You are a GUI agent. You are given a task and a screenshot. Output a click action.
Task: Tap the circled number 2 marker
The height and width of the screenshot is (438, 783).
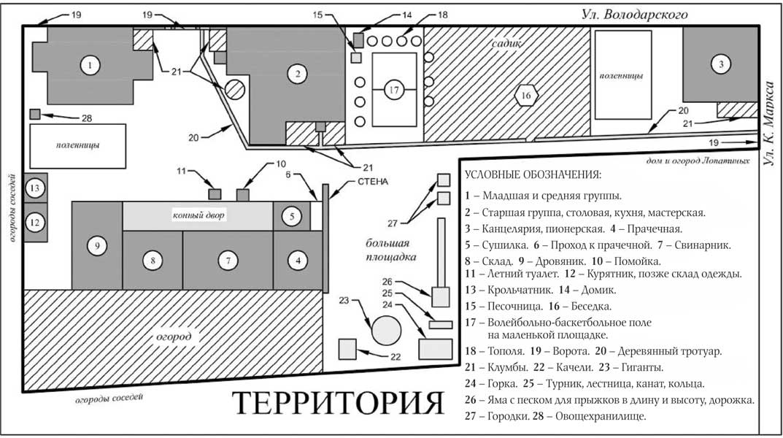pyautogui.click(x=297, y=73)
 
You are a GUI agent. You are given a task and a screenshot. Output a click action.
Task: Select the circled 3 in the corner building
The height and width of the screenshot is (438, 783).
pyautogui.click(x=720, y=65)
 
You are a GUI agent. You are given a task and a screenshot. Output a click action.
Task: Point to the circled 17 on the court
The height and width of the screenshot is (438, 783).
pyautogui.click(x=394, y=91)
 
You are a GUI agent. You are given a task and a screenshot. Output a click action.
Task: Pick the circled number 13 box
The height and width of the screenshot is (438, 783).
pyautogui.click(x=34, y=188)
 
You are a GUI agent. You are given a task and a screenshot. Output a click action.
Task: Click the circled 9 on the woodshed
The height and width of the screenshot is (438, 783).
pyautogui.click(x=96, y=247)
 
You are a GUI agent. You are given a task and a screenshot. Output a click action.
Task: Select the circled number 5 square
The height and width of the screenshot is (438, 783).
pyautogui.click(x=291, y=216)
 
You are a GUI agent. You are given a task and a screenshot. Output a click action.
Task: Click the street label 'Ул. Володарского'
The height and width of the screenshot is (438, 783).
pyautogui.click(x=634, y=14)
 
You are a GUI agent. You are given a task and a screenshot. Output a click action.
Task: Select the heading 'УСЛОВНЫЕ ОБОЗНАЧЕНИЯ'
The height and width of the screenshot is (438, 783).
pyautogui.click(x=532, y=175)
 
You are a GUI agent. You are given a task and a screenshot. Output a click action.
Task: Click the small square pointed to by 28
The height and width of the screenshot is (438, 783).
pyautogui.click(x=34, y=115)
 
